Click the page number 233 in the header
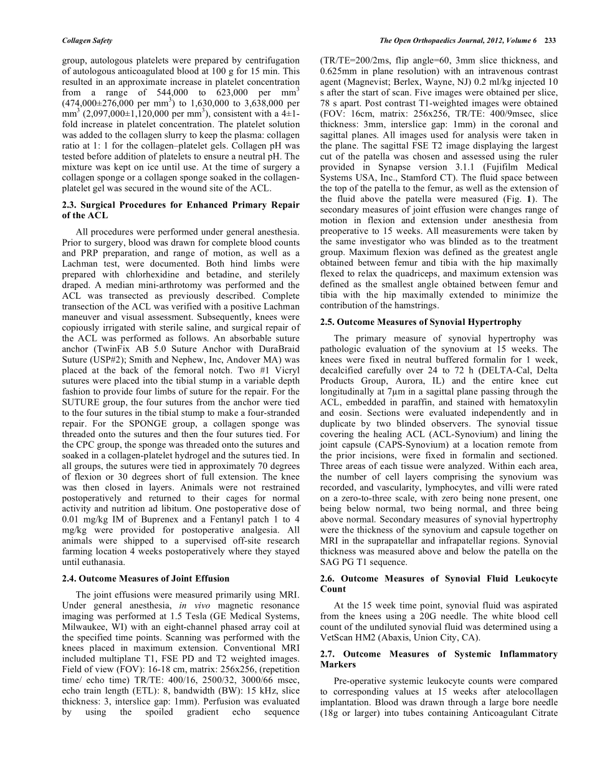(x=549, y=41)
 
